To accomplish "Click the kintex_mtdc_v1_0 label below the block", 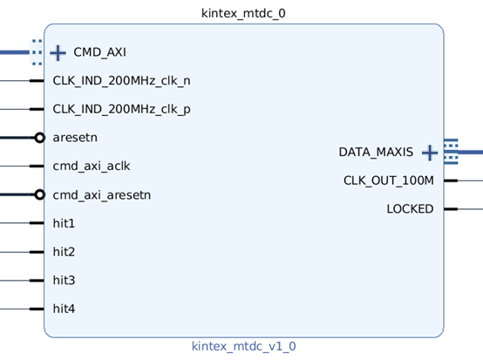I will (243, 346).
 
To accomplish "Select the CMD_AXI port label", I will (99, 52).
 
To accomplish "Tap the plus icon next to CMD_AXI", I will (58, 52).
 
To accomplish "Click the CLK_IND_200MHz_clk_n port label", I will (121, 81).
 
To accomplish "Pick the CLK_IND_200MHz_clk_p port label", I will (121, 109).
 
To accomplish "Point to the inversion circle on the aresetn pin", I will (39, 138).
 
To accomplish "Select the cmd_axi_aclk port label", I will (92, 166).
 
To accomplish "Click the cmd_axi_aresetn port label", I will (101, 194).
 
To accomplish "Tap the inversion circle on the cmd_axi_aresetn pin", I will (39, 194).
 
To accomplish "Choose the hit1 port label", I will (64, 223).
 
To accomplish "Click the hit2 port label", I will (64, 252).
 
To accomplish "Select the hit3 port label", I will (64, 280).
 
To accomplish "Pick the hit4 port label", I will (64, 309).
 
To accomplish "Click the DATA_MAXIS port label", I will (376, 153).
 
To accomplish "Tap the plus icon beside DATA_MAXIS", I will (429, 153).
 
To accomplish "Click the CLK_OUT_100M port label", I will (388, 180).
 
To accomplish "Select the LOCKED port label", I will (410, 209).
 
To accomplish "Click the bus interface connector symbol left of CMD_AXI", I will (36, 52).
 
